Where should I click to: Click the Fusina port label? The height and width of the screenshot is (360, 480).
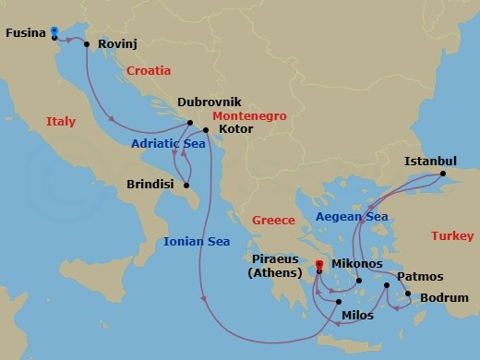[25, 33]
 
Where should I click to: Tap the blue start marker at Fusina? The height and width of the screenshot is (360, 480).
[54, 31]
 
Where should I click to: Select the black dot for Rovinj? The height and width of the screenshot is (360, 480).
[87, 43]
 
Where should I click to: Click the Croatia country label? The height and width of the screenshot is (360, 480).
[150, 70]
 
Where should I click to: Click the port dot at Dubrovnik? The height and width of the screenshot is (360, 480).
[189, 123]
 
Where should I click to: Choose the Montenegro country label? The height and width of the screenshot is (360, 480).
[249, 116]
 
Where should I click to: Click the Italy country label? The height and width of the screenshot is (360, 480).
[62, 121]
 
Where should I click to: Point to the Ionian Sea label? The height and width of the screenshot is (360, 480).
[196, 242]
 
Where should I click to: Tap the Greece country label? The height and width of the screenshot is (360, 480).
[273, 220]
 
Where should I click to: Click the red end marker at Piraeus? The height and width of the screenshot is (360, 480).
[318, 265]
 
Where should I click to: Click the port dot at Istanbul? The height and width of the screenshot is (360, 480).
[442, 174]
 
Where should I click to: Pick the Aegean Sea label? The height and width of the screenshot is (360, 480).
[352, 216]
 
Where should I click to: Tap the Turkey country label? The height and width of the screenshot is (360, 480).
[451, 236]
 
